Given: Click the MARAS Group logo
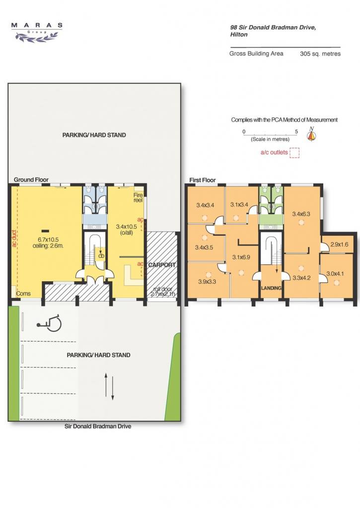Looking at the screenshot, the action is click(37, 32).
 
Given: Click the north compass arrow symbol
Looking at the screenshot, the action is click(311, 134).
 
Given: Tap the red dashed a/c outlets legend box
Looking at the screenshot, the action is click(294, 153).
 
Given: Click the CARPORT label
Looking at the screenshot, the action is click(162, 265).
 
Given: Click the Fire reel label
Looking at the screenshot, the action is click(138, 197).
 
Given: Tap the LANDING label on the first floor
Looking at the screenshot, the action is click(272, 288).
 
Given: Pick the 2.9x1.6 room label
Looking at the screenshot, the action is click(339, 244).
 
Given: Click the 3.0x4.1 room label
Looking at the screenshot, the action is click(335, 274).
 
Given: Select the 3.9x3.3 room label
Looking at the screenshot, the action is click(207, 282).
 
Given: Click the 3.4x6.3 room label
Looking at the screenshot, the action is click(301, 214).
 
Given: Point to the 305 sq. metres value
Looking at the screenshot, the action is click(320, 54).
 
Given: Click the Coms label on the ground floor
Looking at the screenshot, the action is click(23, 294).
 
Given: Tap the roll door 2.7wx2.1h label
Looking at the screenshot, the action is click(163, 292).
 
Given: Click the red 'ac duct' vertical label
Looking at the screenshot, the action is click(14, 239).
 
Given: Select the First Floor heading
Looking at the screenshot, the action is click(203, 180).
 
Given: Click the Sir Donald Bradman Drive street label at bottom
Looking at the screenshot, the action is click(98, 426).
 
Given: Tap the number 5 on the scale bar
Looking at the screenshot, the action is click(296, 131).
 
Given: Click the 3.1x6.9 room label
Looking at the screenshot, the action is click(241, 257).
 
